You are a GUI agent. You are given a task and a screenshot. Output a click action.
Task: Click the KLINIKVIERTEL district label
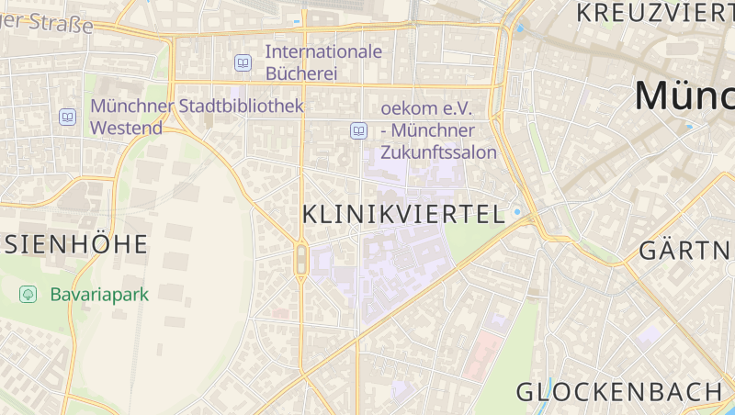(403, 215)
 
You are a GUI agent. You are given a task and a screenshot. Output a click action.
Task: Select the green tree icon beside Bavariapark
(28, 295)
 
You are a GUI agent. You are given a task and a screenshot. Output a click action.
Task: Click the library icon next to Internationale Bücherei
(243, 62)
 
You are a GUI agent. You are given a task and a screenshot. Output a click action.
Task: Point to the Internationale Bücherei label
(322, 62)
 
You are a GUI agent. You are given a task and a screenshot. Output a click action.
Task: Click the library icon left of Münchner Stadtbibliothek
(68, 117)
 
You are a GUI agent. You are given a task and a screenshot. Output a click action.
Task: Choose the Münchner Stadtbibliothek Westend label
(196, 117)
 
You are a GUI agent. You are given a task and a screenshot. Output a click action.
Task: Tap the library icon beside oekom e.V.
(358, 130)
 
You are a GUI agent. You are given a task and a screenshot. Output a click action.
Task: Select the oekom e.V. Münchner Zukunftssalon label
(437, 130)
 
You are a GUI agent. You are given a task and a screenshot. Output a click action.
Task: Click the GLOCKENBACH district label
(619, 391)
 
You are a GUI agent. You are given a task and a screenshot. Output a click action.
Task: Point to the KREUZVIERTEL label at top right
(653, 13)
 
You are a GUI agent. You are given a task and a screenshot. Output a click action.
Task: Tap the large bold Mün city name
(684, 95)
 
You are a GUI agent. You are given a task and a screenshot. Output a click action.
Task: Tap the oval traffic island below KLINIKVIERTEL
(300, 260)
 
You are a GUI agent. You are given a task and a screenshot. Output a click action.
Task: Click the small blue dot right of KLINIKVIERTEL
(517, 212)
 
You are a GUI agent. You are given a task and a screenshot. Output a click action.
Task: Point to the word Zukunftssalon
(437, 152)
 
